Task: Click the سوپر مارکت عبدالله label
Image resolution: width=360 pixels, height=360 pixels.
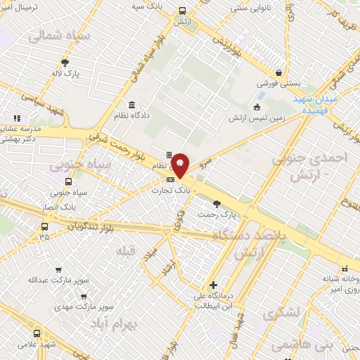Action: (x=58, y=280)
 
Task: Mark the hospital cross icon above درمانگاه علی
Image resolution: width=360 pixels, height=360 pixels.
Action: (x=214, y=285)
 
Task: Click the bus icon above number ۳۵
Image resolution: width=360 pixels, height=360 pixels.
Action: (x=45, y=226)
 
